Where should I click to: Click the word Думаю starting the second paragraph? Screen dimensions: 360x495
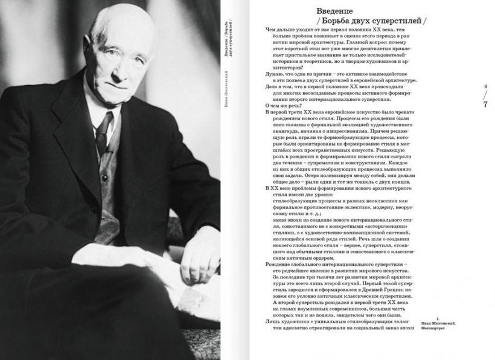click(275, 74)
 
